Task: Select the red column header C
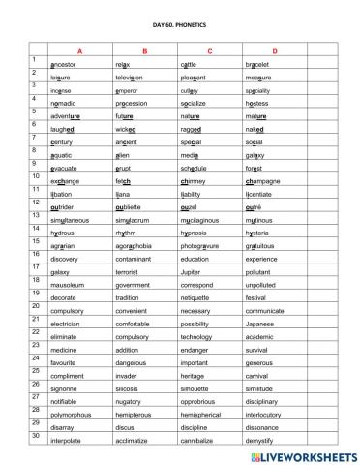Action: [209, 50]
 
